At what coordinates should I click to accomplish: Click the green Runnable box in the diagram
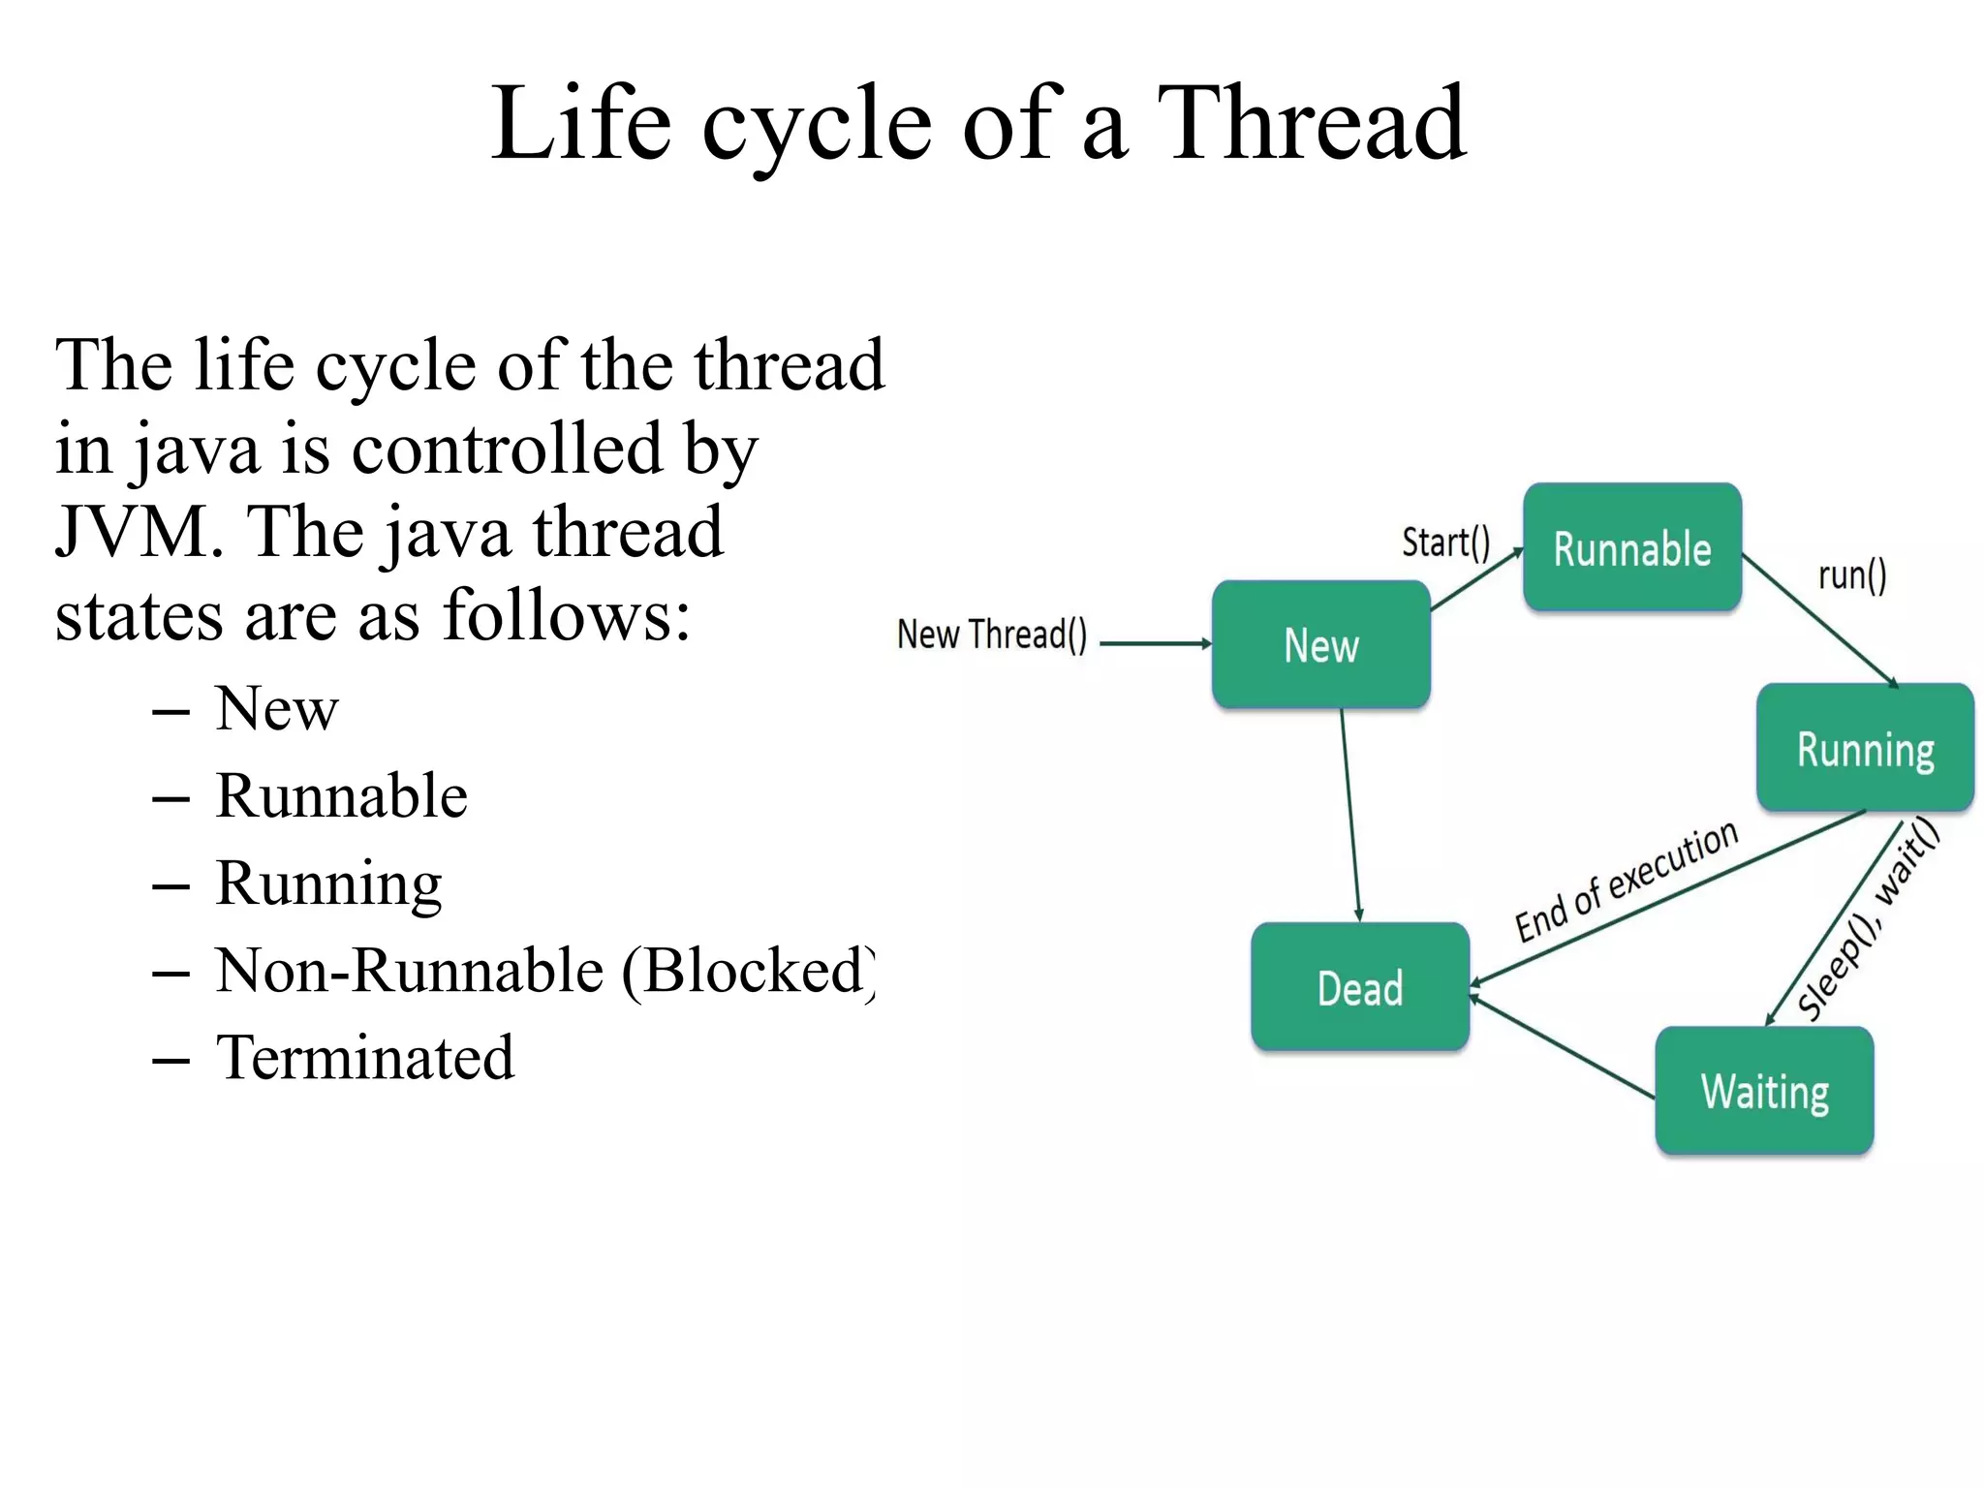pos(1632,547)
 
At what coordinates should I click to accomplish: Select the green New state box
pos(1321,644)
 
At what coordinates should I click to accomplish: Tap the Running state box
pos(1865,748)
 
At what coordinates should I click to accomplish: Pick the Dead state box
pos(1360,987)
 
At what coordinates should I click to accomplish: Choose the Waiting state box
pos(1764,1091)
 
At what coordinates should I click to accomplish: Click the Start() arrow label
pos(1445,542)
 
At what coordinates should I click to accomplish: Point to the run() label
pos(1851,575)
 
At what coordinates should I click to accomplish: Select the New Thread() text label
pos(992,635)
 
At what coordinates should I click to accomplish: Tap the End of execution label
pos(1627,881)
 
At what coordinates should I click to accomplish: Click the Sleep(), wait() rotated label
pos(1869,917)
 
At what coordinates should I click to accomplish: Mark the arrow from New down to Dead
pos(1350,814)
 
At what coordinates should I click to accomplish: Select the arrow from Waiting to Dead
pos(1562,1047)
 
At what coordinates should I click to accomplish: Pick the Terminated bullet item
pos(364,1057)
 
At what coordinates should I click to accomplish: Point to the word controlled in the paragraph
pos(507,449)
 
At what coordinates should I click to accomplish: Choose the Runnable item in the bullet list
pos(341,795)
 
